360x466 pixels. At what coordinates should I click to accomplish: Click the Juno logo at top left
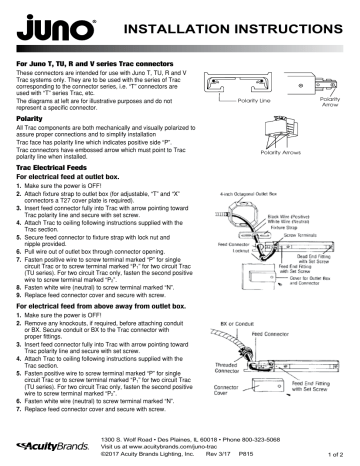[x=51, y=23]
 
